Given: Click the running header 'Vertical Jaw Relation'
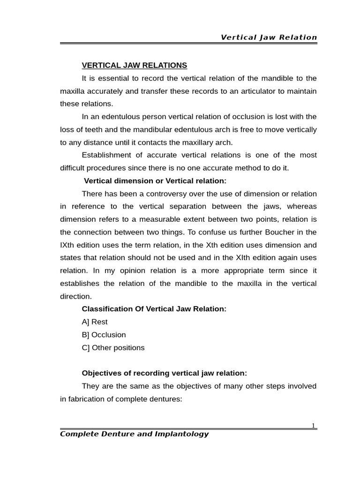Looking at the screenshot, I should tap(269, 37).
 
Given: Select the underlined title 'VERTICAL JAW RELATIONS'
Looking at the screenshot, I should tap(135, 65).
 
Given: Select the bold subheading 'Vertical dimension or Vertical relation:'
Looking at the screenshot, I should tap(155, 181).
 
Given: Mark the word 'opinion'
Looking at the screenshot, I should tap(137, 270).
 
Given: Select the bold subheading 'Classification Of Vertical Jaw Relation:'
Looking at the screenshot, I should tap(154, 309).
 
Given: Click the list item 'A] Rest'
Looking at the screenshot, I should tap(95, 322).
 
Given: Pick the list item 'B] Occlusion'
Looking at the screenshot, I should tap(104, 335).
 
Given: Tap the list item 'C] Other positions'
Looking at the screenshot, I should tap(113, 347).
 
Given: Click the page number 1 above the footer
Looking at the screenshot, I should tap(314, 425).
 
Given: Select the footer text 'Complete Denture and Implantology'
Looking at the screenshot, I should tap(134, 434).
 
